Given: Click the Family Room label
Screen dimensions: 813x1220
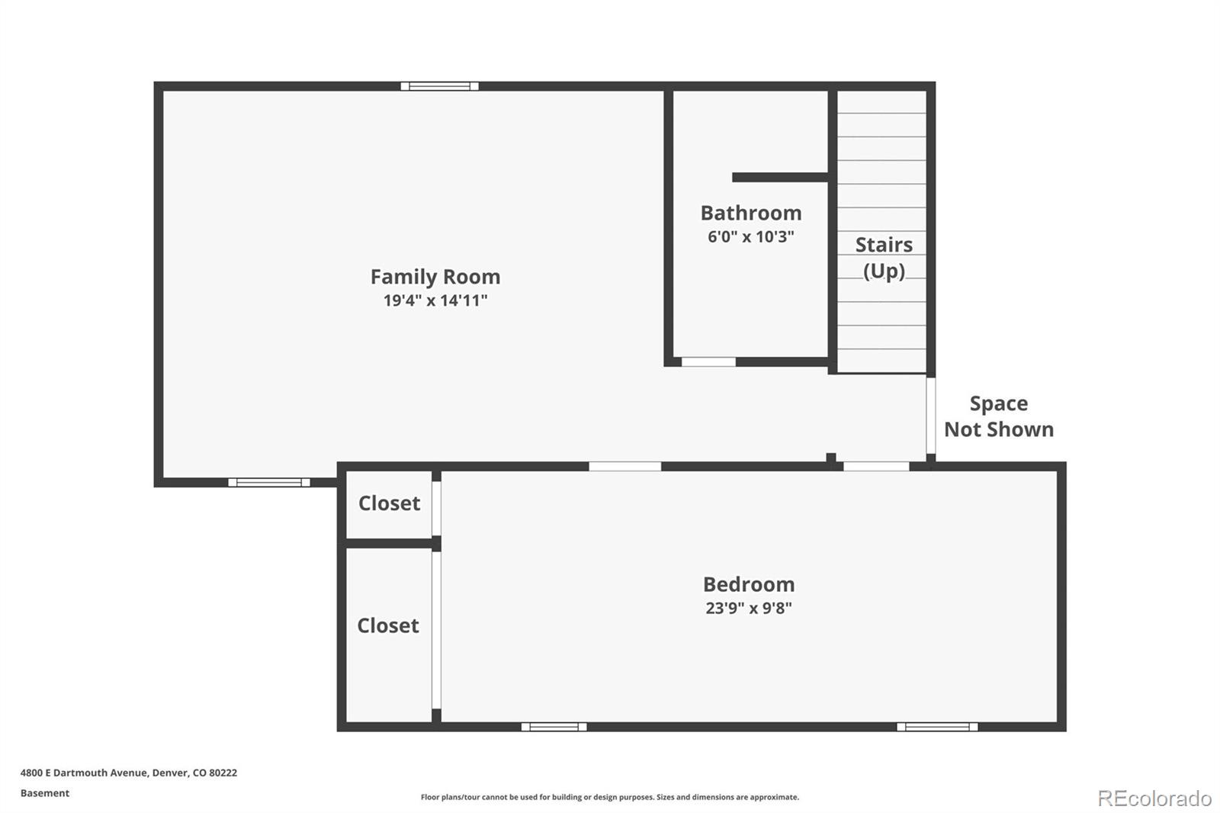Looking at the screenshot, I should point(435,276).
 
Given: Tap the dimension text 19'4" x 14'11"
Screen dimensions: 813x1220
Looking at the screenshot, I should point(435,300).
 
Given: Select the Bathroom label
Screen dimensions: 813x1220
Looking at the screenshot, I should point(751,213).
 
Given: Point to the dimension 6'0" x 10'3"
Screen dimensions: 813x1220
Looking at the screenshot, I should point(751,236).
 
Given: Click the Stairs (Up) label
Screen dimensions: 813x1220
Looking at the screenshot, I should point(884,258).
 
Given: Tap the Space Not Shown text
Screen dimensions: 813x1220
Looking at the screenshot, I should point(999,416).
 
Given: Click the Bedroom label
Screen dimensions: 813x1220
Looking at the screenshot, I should point(749,584).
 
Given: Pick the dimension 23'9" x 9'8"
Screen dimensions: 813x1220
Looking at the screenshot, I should point(749,608).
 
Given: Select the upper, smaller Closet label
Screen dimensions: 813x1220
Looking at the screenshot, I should point(389,503).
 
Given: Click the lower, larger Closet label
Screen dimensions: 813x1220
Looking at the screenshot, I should point(388,625).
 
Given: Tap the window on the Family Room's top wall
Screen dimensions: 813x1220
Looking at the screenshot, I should point(440,86).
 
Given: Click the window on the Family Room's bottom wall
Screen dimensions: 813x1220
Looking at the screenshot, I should point(269,482).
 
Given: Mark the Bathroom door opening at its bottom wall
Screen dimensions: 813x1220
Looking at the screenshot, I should point(708,362).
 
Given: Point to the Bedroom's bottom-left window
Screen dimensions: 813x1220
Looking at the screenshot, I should point(554,727).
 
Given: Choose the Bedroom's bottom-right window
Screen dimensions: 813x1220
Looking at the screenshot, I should point(937,727).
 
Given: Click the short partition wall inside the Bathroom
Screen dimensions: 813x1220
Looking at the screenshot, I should point(780,177).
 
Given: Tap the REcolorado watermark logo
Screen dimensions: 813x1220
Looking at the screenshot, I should point(1154,799).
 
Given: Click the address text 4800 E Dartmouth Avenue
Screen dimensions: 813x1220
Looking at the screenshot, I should point(128,773).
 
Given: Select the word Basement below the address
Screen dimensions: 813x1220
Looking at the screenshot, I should point(45,793).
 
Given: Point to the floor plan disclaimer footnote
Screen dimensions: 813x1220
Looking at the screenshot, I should point(610,797).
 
